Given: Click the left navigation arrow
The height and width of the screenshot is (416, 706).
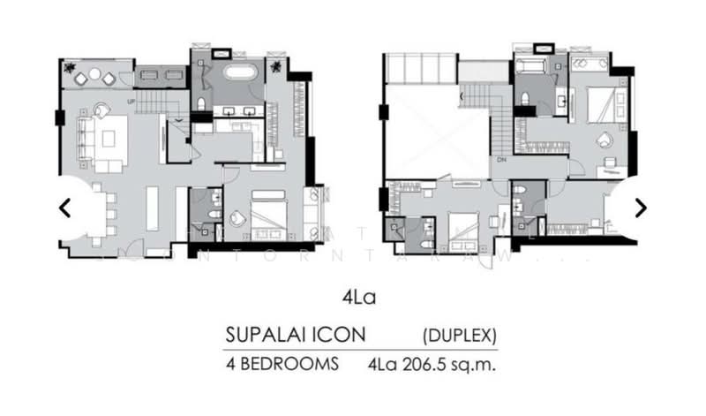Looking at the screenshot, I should pos(64,208).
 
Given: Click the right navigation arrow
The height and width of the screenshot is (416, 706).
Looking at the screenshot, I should pos(641,208).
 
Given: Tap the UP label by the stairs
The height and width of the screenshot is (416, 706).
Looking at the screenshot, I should pos(131,102).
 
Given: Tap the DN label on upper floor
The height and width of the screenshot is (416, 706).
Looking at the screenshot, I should pos(501,162).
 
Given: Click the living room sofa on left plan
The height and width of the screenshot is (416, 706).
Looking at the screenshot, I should pos(86,139).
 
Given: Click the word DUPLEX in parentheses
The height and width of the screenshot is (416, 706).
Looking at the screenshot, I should pos(460,336).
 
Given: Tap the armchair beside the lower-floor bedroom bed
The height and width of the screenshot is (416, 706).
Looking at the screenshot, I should pos(237,218).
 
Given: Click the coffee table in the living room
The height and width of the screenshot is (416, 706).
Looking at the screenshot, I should pos(113,137).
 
